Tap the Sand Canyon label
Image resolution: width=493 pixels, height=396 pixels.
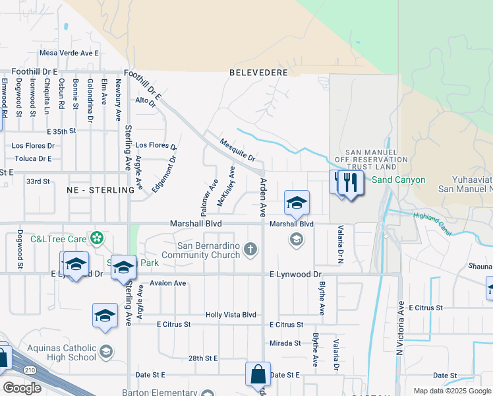tap(399, 180)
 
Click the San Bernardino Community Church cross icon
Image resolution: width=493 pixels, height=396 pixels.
tap(249, 249)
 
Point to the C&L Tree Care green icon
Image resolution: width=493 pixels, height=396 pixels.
tap(98, 238)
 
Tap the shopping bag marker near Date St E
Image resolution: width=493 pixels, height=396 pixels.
tap(258, 374)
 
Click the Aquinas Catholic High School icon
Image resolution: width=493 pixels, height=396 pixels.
tap(106, 351)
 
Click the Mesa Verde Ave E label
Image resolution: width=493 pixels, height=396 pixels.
tap(69, 53)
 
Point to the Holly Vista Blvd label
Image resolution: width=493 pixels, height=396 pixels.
tap(231, 315)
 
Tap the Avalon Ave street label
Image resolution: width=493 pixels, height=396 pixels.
tap(168, 283)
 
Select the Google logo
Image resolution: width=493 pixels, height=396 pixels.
tap(22, 388)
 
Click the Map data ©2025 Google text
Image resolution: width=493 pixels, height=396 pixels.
tap(451, 391)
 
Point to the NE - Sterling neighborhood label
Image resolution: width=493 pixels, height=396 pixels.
tap(101, 189)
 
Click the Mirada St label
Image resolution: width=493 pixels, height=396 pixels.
tap(285, 343)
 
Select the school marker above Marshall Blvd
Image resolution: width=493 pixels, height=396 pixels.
tap(297, 202)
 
